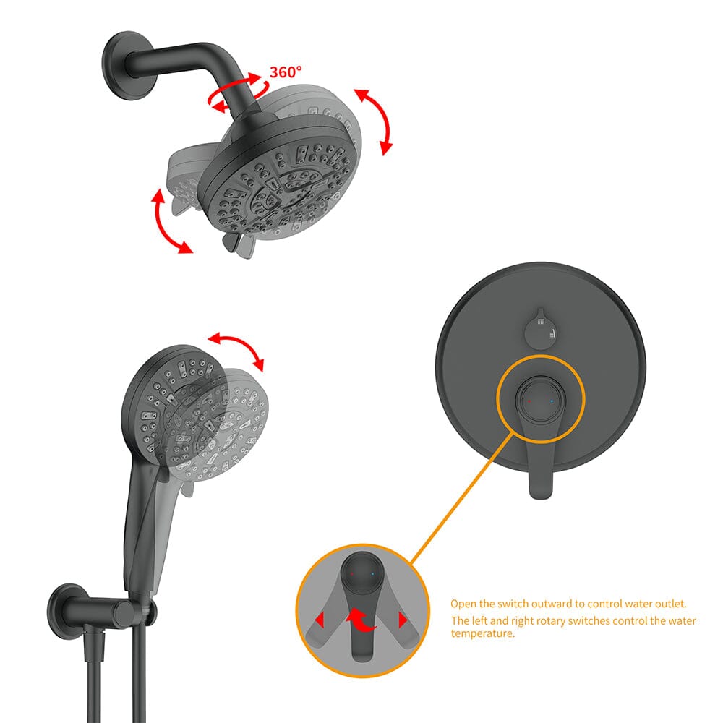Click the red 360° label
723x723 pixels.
(x=286, y=72)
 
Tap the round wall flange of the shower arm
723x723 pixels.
(x=121, y=65)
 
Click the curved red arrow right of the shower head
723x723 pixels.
(x=374, y=121)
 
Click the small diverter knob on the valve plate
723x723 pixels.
(x=541, y=328)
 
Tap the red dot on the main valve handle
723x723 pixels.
(x=529, y=401)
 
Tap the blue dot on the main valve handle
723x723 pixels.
(x=552, y=401)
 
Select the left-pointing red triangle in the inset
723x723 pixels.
(x=320, y=620)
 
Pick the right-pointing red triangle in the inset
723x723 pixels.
(x=403, y=620)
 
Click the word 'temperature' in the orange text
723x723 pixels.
(x=483, y=633)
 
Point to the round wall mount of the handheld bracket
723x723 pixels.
(x=66, y=612)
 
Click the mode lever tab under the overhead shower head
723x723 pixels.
(x=239, y=243)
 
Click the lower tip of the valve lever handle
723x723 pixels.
(x=540, y=495)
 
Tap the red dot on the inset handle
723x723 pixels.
(x=352, y=575)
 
